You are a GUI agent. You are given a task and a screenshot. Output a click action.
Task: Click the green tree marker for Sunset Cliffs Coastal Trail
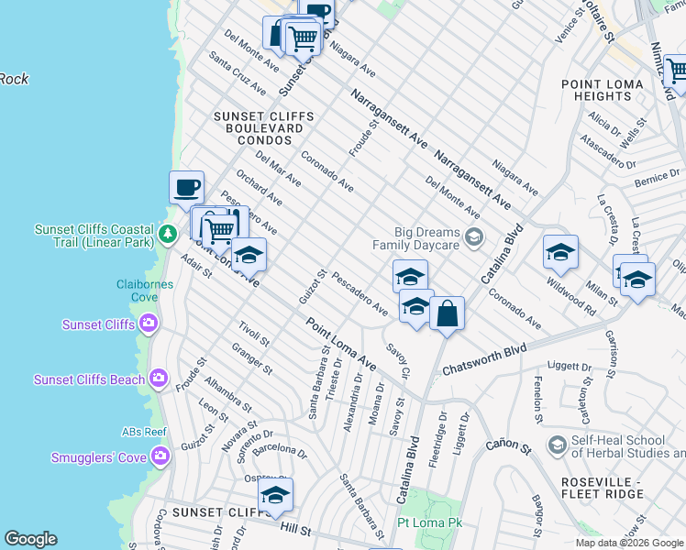[167, 235]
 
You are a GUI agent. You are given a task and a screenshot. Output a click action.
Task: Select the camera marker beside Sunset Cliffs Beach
[160, 379]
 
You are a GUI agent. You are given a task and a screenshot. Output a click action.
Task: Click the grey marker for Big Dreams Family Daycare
[473, 238]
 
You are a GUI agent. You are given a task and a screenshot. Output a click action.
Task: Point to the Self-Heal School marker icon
[556, 445]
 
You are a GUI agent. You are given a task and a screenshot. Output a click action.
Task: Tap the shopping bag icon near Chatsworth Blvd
[447, 314]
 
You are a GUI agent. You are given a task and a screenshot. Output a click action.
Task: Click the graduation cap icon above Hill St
[274, 496]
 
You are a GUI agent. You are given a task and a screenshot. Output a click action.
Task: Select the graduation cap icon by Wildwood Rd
[560, 252]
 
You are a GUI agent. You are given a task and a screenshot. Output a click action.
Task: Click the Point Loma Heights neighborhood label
[608, 90]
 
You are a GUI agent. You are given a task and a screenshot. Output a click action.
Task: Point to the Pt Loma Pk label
[431, 522]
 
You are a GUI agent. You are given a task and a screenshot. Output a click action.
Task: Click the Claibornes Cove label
[145, 290]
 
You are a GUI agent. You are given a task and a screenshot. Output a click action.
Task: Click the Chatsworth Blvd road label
[484, 359]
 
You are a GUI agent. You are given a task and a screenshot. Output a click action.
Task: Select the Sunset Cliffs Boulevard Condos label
[264, 128]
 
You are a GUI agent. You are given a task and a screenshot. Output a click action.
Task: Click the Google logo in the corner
[30, 539]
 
